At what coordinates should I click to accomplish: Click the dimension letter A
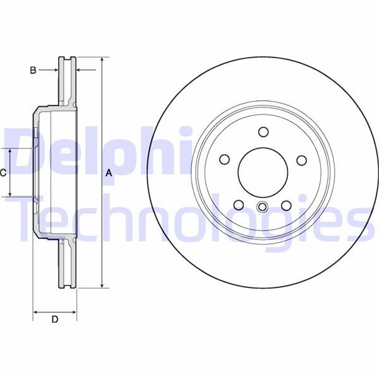click(109, 173)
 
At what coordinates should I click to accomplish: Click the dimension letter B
click(33, 70)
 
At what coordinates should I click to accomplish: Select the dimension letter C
click(3, 173)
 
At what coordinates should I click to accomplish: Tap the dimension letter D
click(55, 319)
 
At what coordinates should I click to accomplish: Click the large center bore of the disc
click(263, 172)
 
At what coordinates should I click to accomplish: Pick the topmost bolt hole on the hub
click(263, 132)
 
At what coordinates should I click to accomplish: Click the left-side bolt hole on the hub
click(224, 159)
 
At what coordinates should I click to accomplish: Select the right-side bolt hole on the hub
click(302, 160)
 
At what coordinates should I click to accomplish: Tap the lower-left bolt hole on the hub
click(239, 205)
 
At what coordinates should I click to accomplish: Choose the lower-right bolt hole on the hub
click(286, 205)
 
